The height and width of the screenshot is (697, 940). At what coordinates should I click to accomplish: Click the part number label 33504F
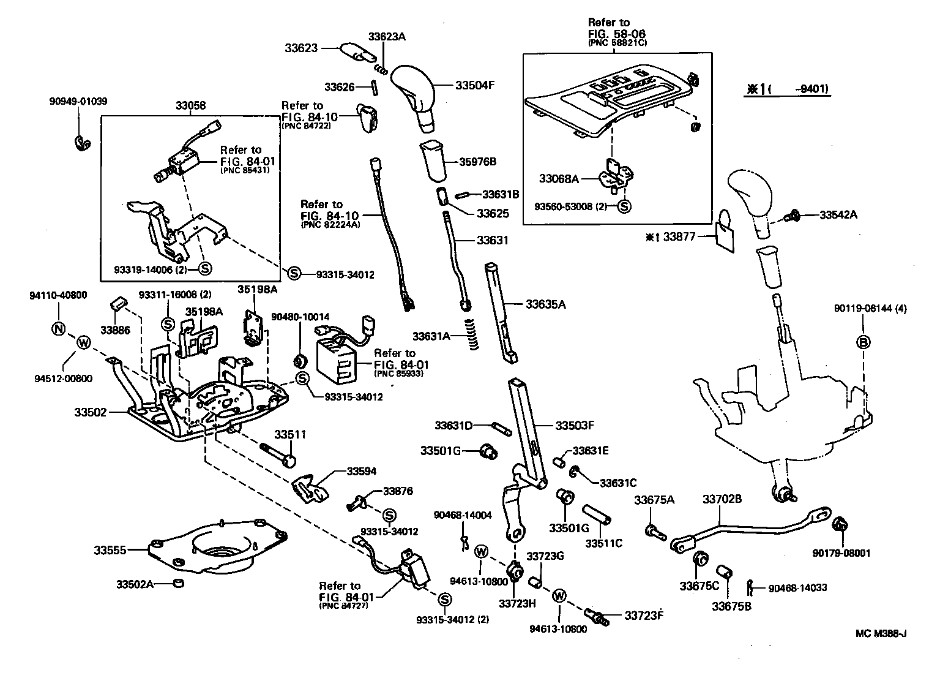pyautogui.click(x=474, y=85)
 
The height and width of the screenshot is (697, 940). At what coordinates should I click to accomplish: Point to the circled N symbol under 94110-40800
pyautogui.click(x=58, y=329)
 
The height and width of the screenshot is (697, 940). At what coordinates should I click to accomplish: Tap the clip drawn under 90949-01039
pyautogui.click(x=81, y=143)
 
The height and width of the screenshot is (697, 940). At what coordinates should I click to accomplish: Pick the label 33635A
pyautogui.click(x=545, y=303)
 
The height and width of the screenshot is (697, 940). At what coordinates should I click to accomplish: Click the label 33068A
pyautogui.click(x=559, y=179)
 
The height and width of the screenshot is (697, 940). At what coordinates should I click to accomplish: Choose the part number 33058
pyautogui.click(x=190, y=106)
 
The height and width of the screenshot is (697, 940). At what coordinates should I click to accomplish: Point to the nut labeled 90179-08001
pyautogui.click(x=841, y=524)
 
